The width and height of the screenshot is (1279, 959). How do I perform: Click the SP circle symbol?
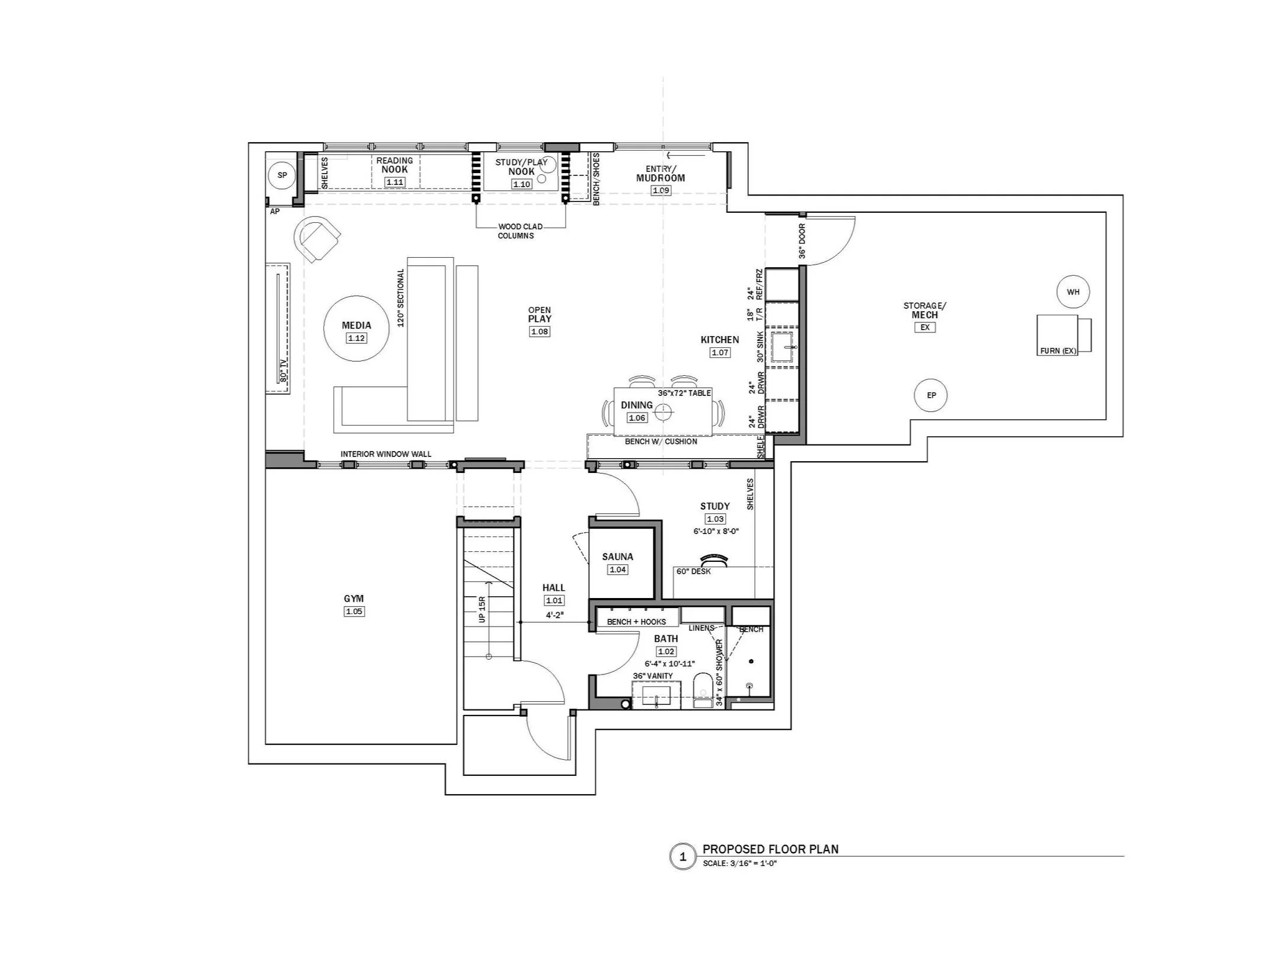pos(282,175)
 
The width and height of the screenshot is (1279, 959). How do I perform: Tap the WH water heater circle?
pos(1073,292)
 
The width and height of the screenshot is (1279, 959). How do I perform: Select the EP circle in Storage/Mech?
pos(931,395)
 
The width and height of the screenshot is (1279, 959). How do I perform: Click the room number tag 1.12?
pos(356,338)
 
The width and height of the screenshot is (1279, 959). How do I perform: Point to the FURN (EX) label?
pos(1058,351)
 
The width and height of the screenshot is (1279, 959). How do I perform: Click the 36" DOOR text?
pos(802,241)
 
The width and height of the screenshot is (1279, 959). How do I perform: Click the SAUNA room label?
pos(617,557)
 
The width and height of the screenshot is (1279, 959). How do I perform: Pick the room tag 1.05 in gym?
pos(354,611)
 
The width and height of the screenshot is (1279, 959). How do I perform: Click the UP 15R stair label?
pos(481,609)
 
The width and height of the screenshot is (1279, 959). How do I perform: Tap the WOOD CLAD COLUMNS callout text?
pos(516,231)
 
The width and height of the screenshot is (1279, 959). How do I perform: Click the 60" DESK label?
pos(693,571)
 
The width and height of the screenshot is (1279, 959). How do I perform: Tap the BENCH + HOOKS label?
pos(636,622)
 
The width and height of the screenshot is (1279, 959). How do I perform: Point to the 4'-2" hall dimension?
pos(554,615)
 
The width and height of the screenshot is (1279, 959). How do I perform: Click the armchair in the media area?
pos(317,239)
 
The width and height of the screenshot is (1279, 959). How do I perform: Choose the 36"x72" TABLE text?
pos(684,393)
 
